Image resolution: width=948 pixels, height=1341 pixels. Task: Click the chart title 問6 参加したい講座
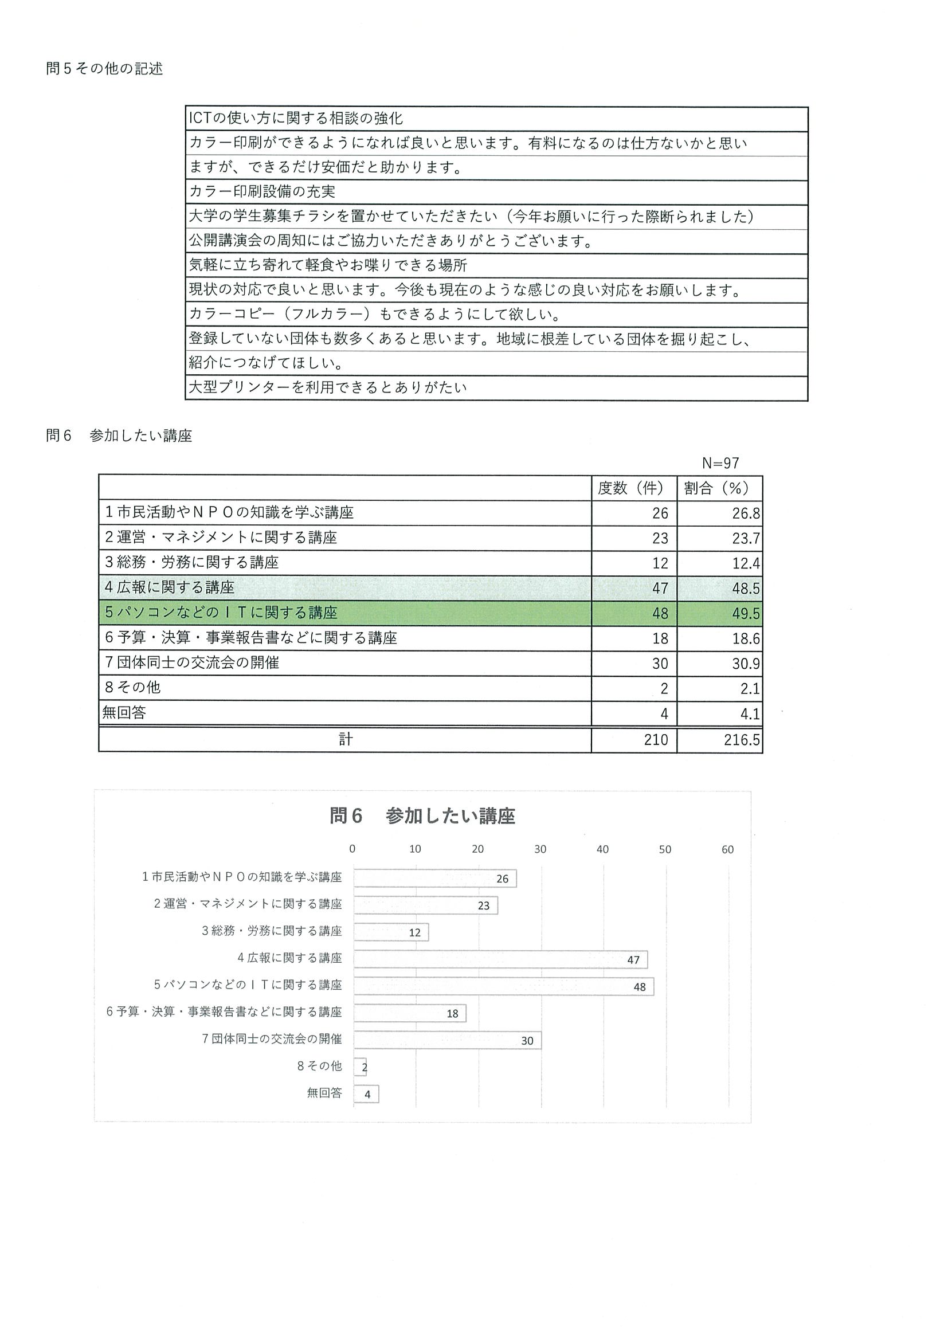tap(422, 816)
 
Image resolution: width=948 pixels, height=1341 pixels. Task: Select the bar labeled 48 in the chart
tap(503, 986)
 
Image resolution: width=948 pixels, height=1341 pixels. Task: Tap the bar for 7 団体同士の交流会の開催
tap(447, 1040)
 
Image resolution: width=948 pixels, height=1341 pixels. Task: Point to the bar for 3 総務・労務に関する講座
tap(391, 932)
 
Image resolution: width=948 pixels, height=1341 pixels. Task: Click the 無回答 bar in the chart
tap(366, 1094)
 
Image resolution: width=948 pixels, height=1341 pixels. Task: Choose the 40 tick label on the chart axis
tap(602, 849)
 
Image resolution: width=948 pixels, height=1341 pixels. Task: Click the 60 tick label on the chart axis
tap(727, 849)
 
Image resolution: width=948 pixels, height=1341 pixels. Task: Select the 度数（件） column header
tap(634, 488)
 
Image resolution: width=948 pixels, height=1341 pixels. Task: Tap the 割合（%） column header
tap(720, 488)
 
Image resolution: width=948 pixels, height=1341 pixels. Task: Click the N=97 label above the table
tap(720, 463)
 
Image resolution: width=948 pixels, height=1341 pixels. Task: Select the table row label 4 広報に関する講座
tap(170, 588)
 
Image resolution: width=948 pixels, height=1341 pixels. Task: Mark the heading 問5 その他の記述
tap(104, 69)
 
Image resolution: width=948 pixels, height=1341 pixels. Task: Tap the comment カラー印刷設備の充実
tap(263, 192)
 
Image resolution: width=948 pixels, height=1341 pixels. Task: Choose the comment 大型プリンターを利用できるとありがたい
tap(328, 387)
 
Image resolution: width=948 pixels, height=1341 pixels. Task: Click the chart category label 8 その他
tap(319, 1066)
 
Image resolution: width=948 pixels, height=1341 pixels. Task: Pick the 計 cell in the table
tap(345, 740)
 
